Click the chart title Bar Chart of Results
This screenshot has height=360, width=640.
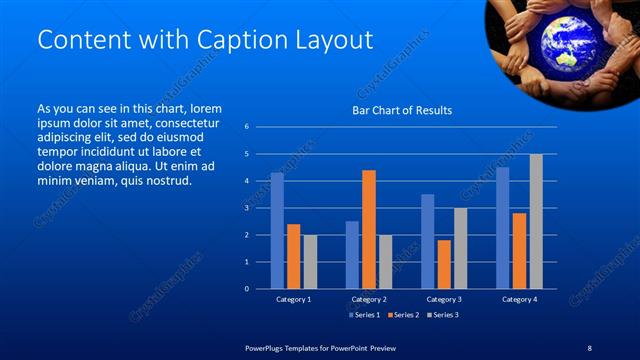click(402, 110)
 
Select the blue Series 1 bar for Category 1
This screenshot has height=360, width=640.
click(277, 230)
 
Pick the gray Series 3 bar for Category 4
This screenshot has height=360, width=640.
click(536, 221)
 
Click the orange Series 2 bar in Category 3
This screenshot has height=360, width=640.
click(444, 264)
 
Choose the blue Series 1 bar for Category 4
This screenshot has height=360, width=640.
click(503, 227)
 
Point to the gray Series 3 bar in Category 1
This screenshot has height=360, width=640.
click(310, 261)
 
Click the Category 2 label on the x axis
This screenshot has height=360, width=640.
click(369, 299)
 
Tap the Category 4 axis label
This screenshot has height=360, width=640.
click(519, 299)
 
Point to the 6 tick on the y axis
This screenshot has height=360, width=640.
click(247, 127)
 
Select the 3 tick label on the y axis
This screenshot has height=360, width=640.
click(247, 208)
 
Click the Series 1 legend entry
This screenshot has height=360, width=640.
click(364, 315)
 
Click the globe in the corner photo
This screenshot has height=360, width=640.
click(564, 37)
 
